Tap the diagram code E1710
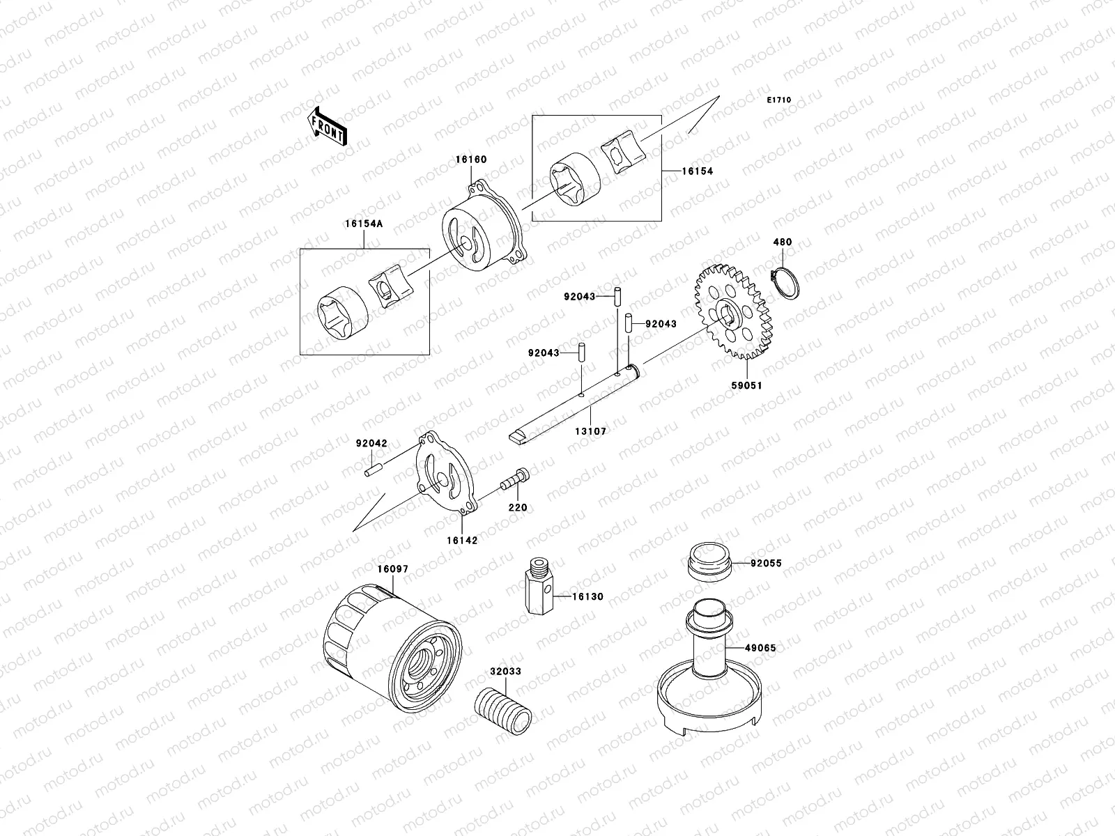pyautogui.click(x=779, y=100)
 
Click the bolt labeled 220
pyautogui.click(x=516, y=481)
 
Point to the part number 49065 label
pyautogui.click(x=760, y=648)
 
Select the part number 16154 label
pyautogui.click(x=698, y=171)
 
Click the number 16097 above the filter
pyautogui.click(x=393, y=569)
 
